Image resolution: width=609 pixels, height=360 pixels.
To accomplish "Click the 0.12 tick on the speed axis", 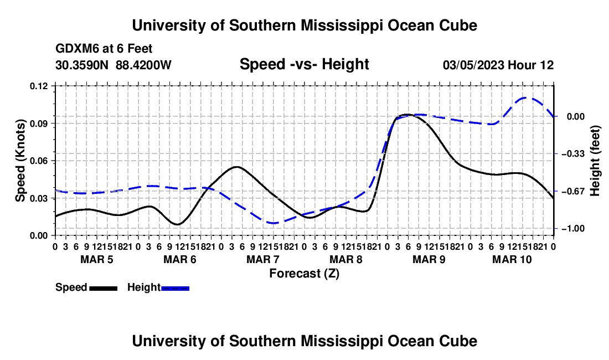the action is [x=39, y=86].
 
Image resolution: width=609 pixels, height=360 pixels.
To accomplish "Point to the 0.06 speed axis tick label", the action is [x=39, y=161].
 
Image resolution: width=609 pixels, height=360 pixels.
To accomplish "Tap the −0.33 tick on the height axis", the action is [x=573, y=154].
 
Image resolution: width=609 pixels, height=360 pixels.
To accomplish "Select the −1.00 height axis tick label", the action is [x=573, y=228].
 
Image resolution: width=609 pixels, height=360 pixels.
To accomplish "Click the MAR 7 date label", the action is [x=262, y=259].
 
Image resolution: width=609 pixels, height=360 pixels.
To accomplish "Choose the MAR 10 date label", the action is [x=512, y=259].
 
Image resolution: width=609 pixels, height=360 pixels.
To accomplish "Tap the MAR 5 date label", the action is [x=97, y=259].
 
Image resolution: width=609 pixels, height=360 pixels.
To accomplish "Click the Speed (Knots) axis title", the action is [x=20, y=161].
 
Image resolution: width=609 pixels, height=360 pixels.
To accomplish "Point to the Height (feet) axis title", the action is [x=595, y=161].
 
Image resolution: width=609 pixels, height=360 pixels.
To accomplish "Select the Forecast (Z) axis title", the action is [x=304, y=274].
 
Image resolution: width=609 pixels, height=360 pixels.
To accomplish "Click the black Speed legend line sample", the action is [x=104, y=288].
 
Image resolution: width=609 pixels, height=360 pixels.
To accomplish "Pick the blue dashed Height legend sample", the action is [x=175, y=288].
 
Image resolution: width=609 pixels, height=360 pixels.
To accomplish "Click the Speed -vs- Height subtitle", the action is [x=304, y=64].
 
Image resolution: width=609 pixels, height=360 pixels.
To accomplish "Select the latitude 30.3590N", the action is [x=82, y=65].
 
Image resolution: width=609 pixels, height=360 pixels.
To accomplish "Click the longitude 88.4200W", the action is [x=143, y=65].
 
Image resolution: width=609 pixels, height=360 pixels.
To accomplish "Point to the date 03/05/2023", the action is [x=473, y=65].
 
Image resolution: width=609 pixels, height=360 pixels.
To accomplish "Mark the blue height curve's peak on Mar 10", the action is [x=527, y=97].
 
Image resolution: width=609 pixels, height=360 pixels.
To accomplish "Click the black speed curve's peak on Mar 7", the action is [x=237, y=167].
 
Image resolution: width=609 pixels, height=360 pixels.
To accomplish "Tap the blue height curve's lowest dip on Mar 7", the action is [x=273, y=223].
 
